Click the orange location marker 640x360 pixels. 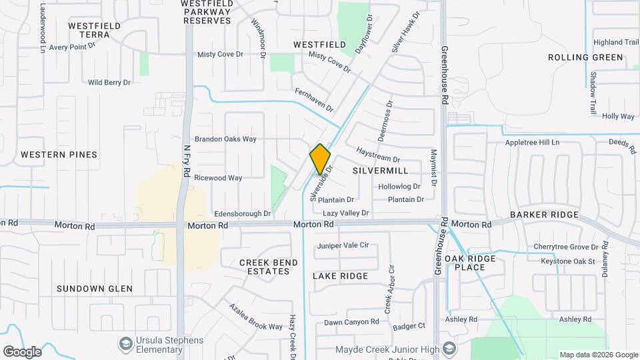tap(320, 159)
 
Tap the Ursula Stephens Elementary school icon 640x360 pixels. tap(125, 344)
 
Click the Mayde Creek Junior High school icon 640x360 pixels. tap(451, 350)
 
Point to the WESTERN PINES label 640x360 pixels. tap(59, 155)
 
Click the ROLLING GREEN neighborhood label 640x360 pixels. tap(585, 57)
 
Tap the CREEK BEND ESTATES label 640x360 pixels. tap(269, 267)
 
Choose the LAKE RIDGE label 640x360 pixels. tap(340, 276)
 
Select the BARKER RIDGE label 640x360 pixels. tap(544, 215)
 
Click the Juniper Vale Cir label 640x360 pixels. tap(343, 245)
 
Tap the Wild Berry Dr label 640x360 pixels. tap(109, 83)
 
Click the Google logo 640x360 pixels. tap(22, 351)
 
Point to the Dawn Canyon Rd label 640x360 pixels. tap(351, 322)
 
